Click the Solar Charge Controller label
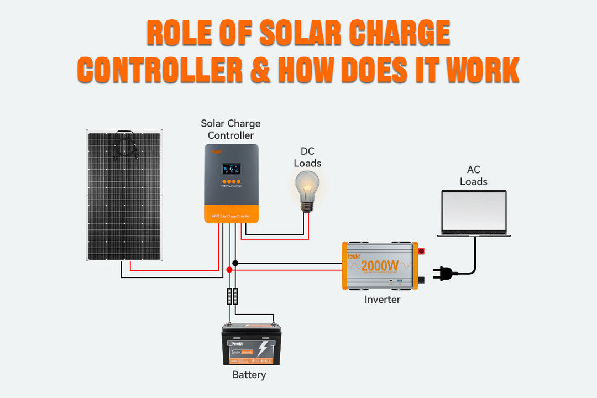pyautogui.click(x=231, y=129)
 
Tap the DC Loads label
pyautogui.click(x=307, y=157)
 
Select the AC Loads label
pyautogui.click(x=474, y=176)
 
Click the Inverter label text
pyautogui.click(x=382, y=300)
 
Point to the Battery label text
pyautogui.click(x=249, y=375)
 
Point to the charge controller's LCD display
pyautogui.click(x=231, y=169)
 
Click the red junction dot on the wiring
pyautogui.click(x=229, y=270)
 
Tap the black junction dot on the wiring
pyautogui.click(x=235, y=263)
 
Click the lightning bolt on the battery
pyautogui.click(x=263, y=348)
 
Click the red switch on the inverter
pyautogui.click(x=422, y=251)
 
